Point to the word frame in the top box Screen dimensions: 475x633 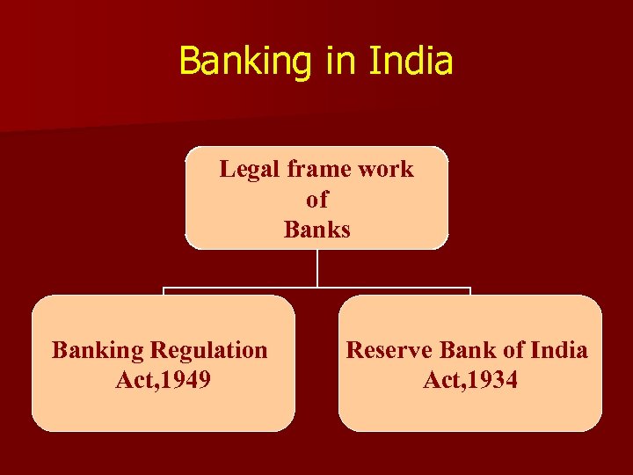click(322, 169)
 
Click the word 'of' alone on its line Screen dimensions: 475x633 click(316, 200)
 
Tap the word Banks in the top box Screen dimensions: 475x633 click(316, 230)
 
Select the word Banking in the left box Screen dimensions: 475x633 click(97, 350)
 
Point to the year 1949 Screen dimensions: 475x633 click(186, 380)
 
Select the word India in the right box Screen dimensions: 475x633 click(557, 350)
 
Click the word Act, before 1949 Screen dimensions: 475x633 click(135, 380)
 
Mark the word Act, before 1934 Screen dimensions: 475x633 click(442, 380)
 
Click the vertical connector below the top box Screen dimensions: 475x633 click(316, 267)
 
